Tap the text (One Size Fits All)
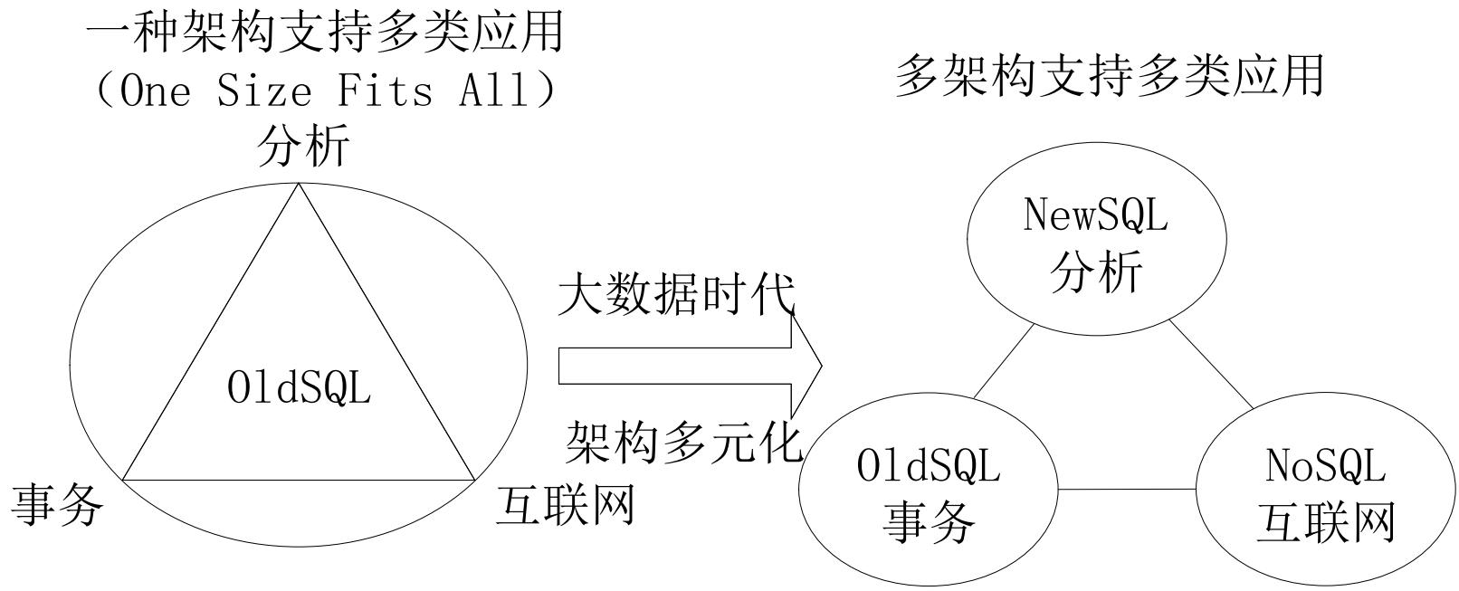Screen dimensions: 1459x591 tap(325, 90)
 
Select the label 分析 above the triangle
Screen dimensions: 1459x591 tap(303, 145)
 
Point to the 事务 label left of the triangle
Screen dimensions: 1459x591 tap(57, 504)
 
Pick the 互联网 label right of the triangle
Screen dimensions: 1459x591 tap(566, 504)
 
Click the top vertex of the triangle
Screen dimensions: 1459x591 tap(299, 184)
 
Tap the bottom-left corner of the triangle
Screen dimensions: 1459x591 tap(123, 481)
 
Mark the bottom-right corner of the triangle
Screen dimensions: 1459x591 tap(474, 481)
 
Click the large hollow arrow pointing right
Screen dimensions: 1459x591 tap(691, 366)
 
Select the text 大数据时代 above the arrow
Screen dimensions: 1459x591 tap(677, 294)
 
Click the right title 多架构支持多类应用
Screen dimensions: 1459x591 tap(1110, 76)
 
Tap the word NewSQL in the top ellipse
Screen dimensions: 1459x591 tap(1095, 215)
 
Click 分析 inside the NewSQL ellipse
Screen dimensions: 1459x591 tap(1096, 272)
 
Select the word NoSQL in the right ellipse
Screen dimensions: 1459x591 tap(1325, 466)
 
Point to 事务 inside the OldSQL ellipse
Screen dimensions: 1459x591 tap(929, 520)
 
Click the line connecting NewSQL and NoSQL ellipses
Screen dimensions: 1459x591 tap(1212, 365)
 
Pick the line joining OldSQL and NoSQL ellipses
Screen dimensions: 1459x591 tap(1126, 489)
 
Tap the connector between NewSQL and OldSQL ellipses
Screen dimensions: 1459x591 tap(1004, 362)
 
